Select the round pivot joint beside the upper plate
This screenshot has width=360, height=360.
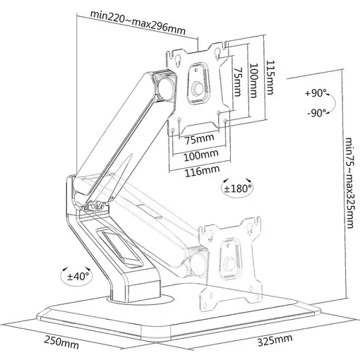tap(167, 85)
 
